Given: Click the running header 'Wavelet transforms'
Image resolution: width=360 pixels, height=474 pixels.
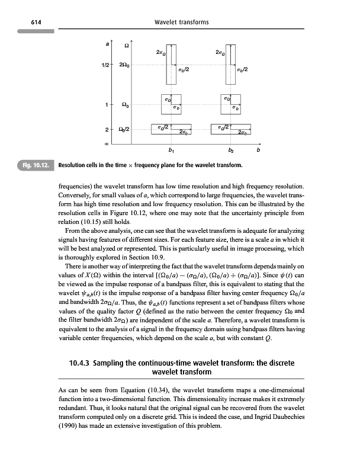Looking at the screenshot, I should [x=180, y=23].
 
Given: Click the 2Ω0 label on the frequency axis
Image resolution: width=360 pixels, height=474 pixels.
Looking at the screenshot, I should [x=125, y=65].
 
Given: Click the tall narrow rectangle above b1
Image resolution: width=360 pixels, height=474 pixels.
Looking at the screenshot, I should [x=171, y=65].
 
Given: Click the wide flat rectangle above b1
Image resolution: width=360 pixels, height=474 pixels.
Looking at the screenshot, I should [x=172, y=129].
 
